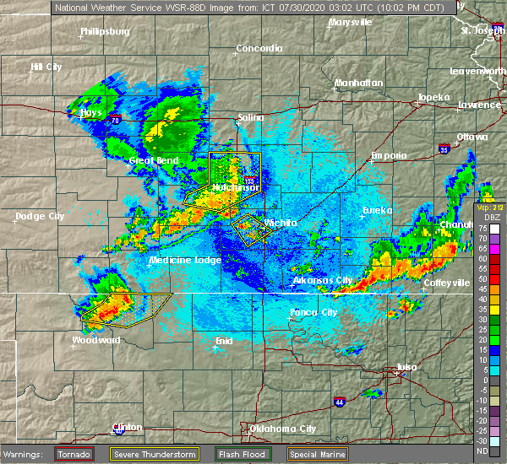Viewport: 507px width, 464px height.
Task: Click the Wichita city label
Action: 281,223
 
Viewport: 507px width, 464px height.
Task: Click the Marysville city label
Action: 349,22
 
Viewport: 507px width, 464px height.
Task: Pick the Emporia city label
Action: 390,155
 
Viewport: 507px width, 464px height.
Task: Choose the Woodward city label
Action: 95,340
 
